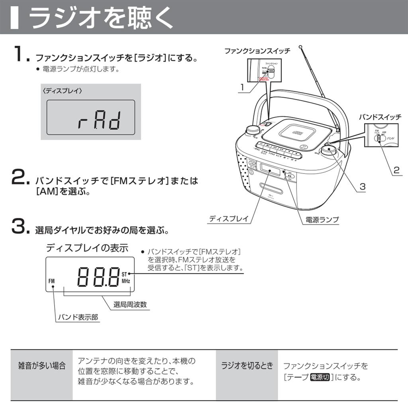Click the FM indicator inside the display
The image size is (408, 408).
(x=52, y=281)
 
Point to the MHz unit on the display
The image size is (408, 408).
(x=126, y=280)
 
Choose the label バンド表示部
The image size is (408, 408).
(x=78, y=318)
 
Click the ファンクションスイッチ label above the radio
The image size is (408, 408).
(x=257, y=51)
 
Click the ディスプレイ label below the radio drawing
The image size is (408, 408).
(x=228, y=218)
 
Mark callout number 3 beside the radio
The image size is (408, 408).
(x=362, y=186)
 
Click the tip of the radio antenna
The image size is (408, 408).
(x=300, y=47)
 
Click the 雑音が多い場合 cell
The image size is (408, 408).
(x=42, y=366)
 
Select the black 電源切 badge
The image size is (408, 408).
(x=320, y=377)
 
